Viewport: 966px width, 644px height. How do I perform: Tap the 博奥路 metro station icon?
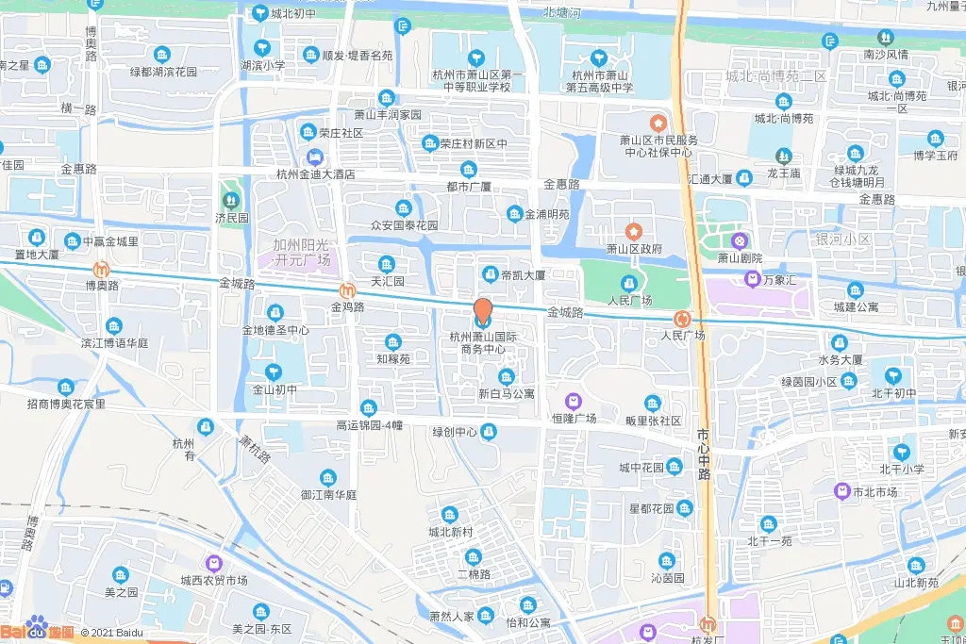coord(102,268)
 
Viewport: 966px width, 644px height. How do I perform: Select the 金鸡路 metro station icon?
coord(348,290)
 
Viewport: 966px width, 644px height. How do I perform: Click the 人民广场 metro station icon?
coord(683,320)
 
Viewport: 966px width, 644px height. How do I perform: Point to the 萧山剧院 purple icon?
coord(741,240)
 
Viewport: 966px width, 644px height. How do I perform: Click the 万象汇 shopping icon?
coord(752,278)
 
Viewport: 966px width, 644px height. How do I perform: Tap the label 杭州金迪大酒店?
coord(316,173)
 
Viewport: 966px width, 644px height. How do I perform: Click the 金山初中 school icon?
coord(274,372)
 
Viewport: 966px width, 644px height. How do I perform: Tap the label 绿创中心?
coord(455,432)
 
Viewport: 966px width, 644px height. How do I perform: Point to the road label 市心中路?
coord(704,454)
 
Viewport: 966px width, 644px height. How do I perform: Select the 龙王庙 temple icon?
coord(783,156)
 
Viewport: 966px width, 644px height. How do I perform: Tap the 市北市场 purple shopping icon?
coord(841,490)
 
